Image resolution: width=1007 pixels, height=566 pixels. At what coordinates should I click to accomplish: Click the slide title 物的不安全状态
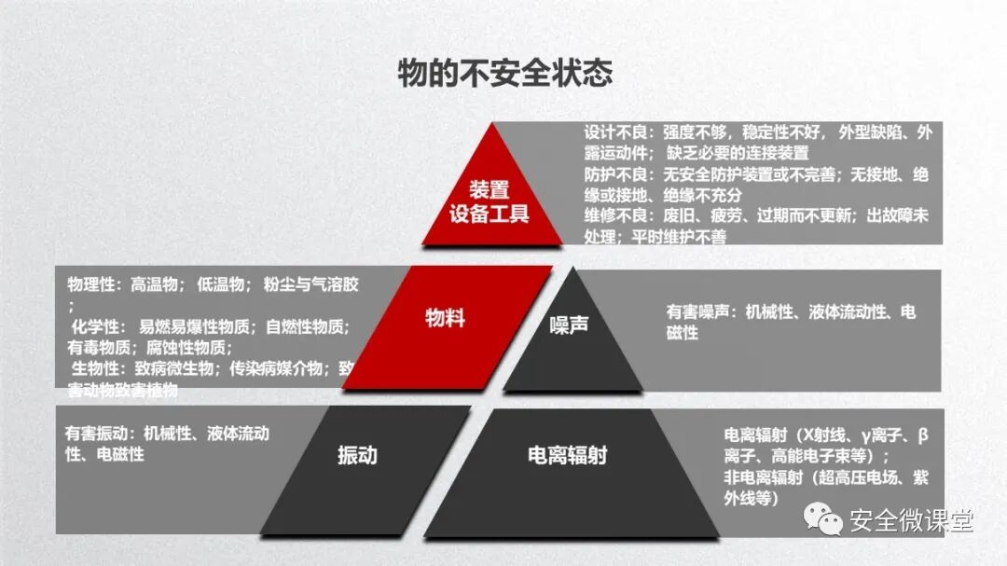click(x=504, y=73)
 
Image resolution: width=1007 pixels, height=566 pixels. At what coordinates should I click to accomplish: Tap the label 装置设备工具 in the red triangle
click(x=490, y=201)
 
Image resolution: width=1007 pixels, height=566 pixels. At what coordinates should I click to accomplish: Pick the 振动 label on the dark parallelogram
click(x=357, y=455)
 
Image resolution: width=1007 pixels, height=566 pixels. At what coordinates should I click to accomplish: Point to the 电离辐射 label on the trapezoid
click(x=567, y=455)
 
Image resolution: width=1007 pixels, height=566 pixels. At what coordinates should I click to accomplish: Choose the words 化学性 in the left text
click(x=96, y=326)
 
